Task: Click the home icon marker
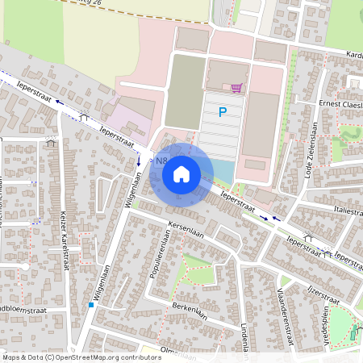(x=181, y=173)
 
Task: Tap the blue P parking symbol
(x=223, y=114)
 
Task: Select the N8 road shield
(x=152, y=161)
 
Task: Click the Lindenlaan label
(x=243, y=333)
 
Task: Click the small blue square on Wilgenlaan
(x=90, y=305)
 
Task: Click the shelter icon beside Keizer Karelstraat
(x=52, y=142)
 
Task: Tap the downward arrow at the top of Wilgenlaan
(x=139, y=160)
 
